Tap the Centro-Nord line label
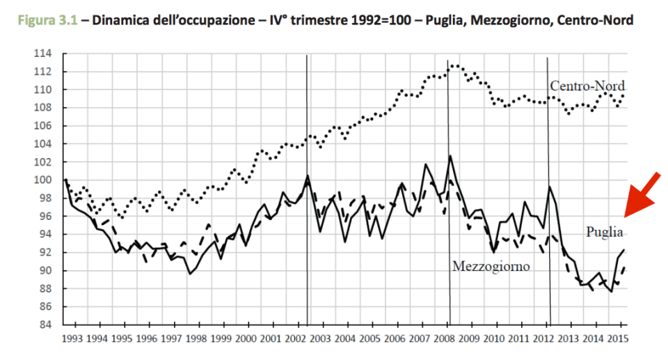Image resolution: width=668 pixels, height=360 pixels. [x=587, y=86]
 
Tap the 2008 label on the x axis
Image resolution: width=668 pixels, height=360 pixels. [x=444, y=339]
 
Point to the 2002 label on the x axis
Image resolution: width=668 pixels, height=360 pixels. [x=295, y=339]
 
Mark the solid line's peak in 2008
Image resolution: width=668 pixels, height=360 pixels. [x=450, y=156]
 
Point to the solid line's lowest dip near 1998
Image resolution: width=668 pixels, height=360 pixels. [x=189, y=274]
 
